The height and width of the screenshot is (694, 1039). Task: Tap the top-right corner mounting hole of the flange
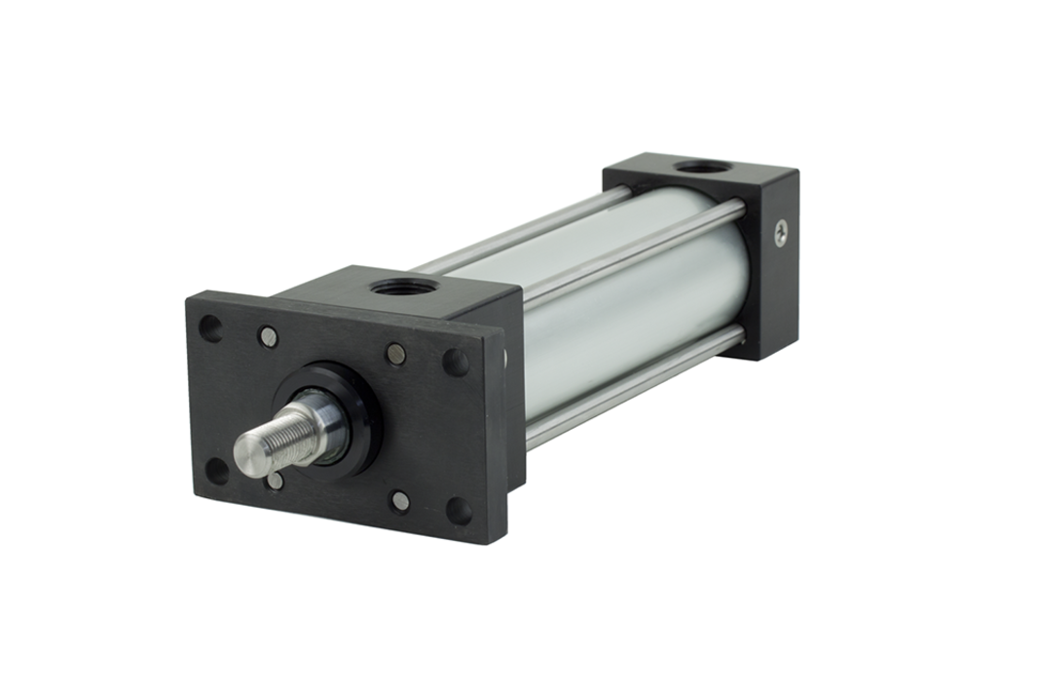(456, 363)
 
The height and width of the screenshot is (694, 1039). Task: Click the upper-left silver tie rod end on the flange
(268, 337)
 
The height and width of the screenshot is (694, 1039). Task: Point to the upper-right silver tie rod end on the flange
(395, 355)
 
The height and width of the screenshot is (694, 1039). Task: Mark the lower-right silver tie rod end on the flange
(399, 501)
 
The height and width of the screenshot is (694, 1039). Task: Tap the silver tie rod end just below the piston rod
(276, 481)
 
